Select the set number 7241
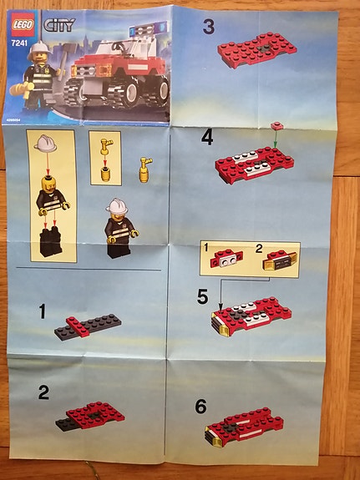[18, 40]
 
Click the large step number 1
[43, 313]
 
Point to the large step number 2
[43, 392]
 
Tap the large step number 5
[203, 296]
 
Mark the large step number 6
[200, 407]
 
